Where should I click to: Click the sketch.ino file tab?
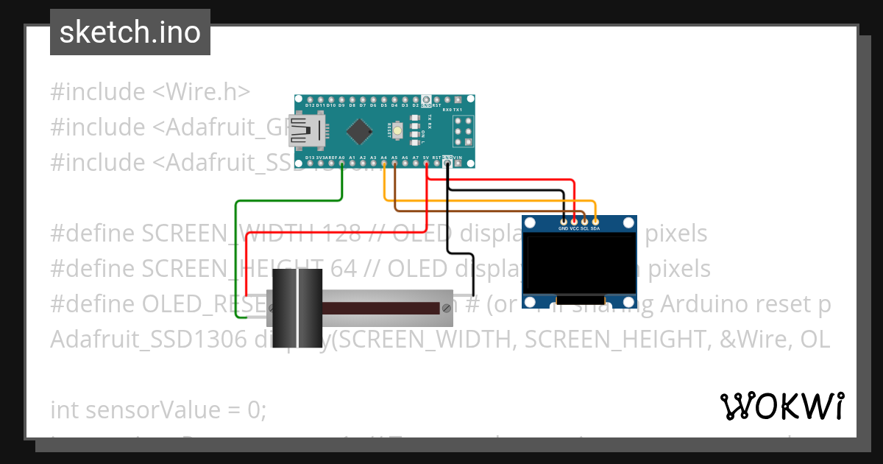click(x=130, y=32)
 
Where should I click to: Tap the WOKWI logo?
click(x=781, y=406)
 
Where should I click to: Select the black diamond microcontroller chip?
click(x=359, y=131)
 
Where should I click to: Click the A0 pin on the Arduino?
click(x=342, y=164)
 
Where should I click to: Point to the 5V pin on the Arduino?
click(x=426, y=164)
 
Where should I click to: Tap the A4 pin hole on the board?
click(x=384, y=164)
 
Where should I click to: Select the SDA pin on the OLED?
click(x=595, y=220)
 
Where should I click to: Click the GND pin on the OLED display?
click(x=564, y=220)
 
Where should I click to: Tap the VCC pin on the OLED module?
click(x=574, y=220)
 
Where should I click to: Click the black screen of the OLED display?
click(x=578, y=264)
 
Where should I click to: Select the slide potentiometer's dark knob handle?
click(x=297, y=308)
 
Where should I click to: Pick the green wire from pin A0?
click(x=235, y=258)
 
